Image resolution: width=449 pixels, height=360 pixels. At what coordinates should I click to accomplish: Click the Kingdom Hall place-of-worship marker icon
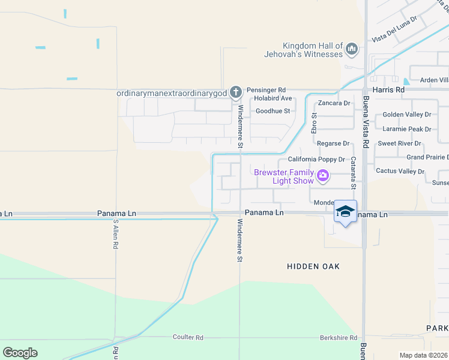[x=352, y=49]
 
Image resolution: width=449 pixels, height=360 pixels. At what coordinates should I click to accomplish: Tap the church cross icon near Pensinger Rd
[x=236, y=92]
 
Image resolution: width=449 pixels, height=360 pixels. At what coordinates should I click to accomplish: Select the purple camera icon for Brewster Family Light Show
[x=324, y=176]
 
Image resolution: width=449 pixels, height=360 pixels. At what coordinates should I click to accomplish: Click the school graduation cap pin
[x=345, y=211]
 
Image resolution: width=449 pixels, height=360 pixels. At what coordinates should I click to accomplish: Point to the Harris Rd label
[x=388, y=89]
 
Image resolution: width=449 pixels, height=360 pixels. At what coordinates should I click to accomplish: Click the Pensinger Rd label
[x=265, y=89]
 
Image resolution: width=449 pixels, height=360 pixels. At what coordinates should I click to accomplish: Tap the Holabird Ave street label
[x=273, y=98]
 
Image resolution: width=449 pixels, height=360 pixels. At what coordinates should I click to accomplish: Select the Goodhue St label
[x=273, y=111]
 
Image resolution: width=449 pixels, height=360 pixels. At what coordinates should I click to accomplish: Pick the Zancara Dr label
[x=334, y=103]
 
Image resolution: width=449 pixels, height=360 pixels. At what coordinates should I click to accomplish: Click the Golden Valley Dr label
[x=407, y=114]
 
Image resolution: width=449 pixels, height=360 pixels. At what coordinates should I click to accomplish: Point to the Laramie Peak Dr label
[x=407, y=129]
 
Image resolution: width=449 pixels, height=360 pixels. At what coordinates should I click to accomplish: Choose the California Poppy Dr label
[x=316, y=160]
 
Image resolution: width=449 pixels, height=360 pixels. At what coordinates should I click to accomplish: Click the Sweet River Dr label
[x=399, y=144]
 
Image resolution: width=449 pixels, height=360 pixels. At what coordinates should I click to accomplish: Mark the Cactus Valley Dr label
[x=400, y=171]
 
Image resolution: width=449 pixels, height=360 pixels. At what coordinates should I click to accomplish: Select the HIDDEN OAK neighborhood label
[x=313, y=266]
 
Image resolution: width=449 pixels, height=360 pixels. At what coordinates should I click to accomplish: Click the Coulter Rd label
[x=188, y=337]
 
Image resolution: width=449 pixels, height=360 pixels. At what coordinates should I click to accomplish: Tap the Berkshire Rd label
[x=339, y=338]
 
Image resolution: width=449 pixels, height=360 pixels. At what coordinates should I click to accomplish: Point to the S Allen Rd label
[x=115, y=235]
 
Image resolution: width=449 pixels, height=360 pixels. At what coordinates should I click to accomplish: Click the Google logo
[x=20, y=353]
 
